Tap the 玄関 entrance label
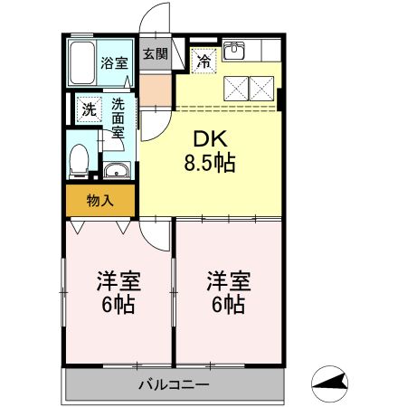(x=155, y=53)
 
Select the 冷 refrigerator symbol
(x=204, y=62)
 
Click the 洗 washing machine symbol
(x=89, y=109)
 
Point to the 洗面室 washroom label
(x=118, y=116)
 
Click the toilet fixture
(x=80, y=158)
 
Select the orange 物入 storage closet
(x=99, y=200)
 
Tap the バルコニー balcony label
(x=174, y=385)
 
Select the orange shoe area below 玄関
(x=155, y=89)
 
